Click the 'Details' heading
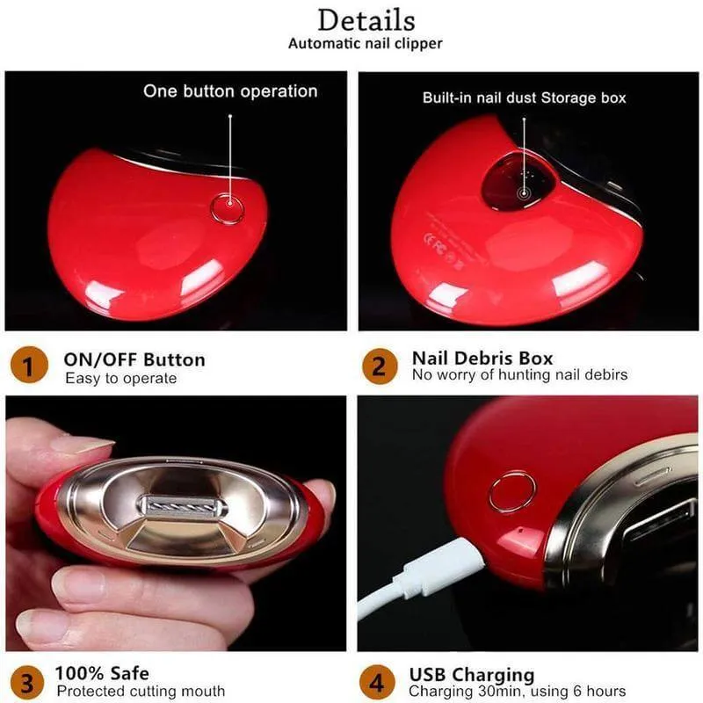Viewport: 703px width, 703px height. [x=366, y=20]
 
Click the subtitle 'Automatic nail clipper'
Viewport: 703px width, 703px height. [x=365, y=44]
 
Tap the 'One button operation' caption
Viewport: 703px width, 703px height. [x=230, y=91]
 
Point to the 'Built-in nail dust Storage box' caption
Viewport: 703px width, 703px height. [x=524, y=98]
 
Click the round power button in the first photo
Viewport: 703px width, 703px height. [x=228, y=209]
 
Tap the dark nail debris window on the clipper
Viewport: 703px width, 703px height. [x=517, y=181]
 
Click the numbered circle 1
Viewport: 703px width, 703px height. [x=29, y=365]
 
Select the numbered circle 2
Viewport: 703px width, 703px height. [x=380, y=366]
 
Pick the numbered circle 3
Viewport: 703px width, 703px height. [x=27, y=684]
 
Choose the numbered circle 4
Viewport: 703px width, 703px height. [x=377, y=683]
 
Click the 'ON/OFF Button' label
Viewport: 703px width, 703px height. [x=134, y=360]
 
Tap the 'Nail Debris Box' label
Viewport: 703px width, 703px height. [x=482, y=359]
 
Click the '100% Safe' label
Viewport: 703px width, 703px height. [x=102, y=673]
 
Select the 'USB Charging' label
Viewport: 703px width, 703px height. [x=472, y=675]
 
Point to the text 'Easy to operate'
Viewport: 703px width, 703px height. [x=121, y=379]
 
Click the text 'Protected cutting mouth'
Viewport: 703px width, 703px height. [x=141, y=691]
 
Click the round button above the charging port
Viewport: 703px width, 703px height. [x=512, y=491]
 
